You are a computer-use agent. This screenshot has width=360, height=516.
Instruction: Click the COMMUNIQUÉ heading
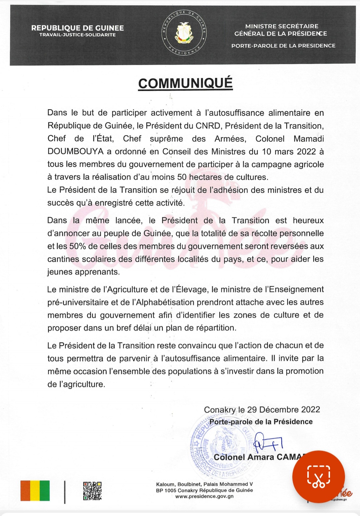tap(185, 83)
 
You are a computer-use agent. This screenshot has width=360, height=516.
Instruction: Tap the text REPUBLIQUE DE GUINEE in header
tap(77, 28)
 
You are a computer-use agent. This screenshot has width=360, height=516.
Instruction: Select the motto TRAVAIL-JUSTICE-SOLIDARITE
tap(77, 35)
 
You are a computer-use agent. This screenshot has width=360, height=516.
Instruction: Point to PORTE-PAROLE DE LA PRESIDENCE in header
tap(283, 46)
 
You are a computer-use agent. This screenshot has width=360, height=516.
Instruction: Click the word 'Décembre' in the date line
tap(279, 409)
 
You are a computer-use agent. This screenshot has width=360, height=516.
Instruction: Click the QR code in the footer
tap(92, 491)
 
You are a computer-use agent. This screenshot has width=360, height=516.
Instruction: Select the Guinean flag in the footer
tap(35, 491)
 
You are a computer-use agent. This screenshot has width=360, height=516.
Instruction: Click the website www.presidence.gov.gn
tap(204, 496)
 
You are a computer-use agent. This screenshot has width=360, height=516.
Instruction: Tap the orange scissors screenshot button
tap(318, 477)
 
